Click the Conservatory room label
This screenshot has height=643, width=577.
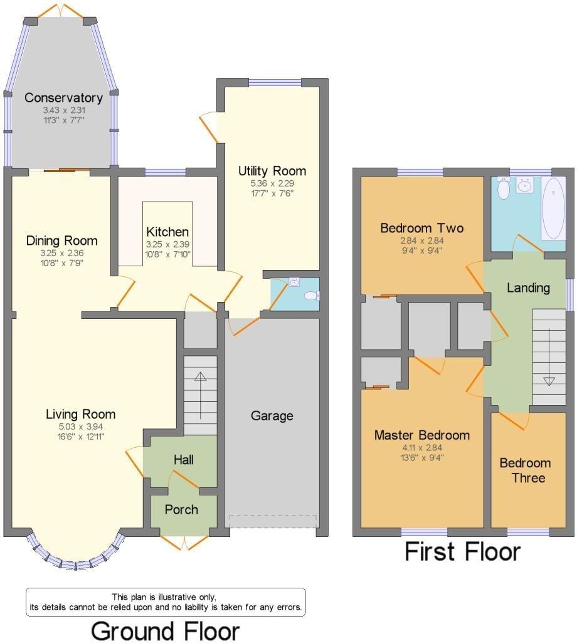[63, 97]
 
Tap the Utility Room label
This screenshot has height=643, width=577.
[272, 171]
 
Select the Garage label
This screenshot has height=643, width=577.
[272, 416]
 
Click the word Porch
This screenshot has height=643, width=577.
[181, 509]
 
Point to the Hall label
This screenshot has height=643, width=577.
[184, 460]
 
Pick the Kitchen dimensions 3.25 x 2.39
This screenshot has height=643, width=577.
[167, 244]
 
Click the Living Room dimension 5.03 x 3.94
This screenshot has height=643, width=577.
[81, 427]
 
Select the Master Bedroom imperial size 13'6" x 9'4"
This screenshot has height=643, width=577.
[422, 458]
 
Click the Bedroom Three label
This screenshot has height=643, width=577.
[526, 470]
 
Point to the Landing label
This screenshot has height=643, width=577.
[528, 288]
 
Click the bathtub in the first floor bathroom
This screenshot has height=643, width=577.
[553, 208]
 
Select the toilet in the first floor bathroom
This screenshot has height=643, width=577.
[503, 188]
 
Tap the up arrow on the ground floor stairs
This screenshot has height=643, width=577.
[200, 396]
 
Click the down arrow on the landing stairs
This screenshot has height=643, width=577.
[549, 357]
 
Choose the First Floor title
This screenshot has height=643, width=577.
[463, 551]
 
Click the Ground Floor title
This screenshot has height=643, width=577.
[165, 630]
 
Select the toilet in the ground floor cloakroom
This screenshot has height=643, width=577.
[313, 296]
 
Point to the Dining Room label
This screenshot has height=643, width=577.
[62, 240]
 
